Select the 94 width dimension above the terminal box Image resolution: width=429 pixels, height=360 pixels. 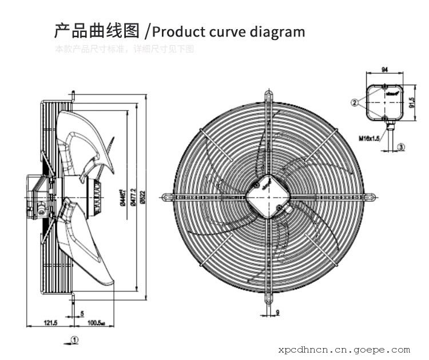tap(384, 69)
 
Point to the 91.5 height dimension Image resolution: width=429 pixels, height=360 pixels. tap(413, 102)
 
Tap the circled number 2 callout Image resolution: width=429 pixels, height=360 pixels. tap(355, 102)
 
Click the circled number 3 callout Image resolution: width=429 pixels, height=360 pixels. tap(401, 147)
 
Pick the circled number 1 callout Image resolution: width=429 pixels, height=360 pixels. tap(75, 339)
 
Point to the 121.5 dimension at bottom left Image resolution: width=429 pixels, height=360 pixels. tap(51, 323)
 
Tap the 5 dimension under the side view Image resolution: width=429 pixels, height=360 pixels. tap(82, 314)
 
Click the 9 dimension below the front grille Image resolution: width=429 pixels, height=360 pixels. tap(277, 311)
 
